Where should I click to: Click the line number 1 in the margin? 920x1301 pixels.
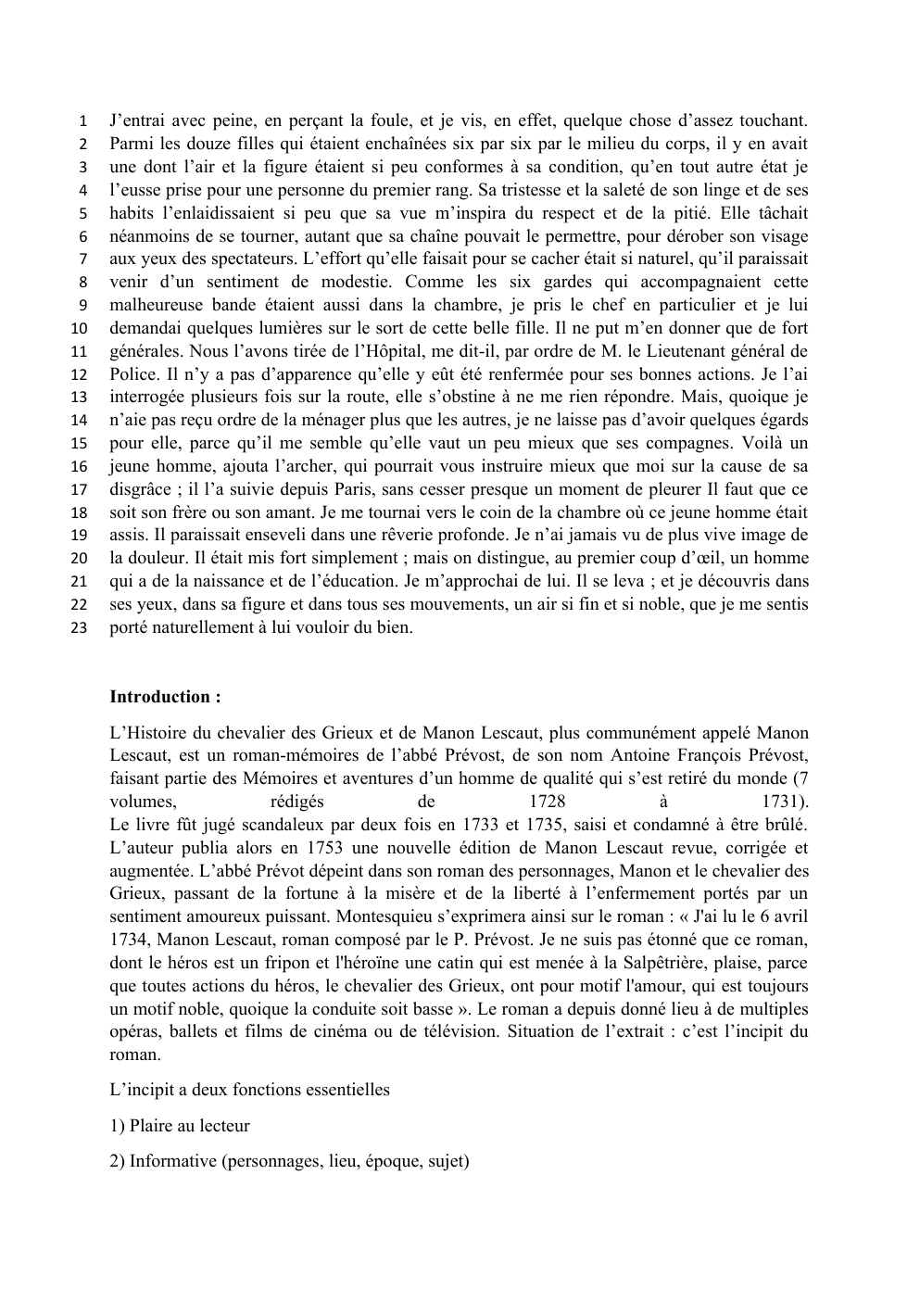tap(83, 121)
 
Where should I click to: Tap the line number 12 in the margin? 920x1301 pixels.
tap(80, 374)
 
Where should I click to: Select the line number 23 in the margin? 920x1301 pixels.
tap(80, 628)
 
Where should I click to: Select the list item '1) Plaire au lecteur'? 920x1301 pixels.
tap(180, 1126)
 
